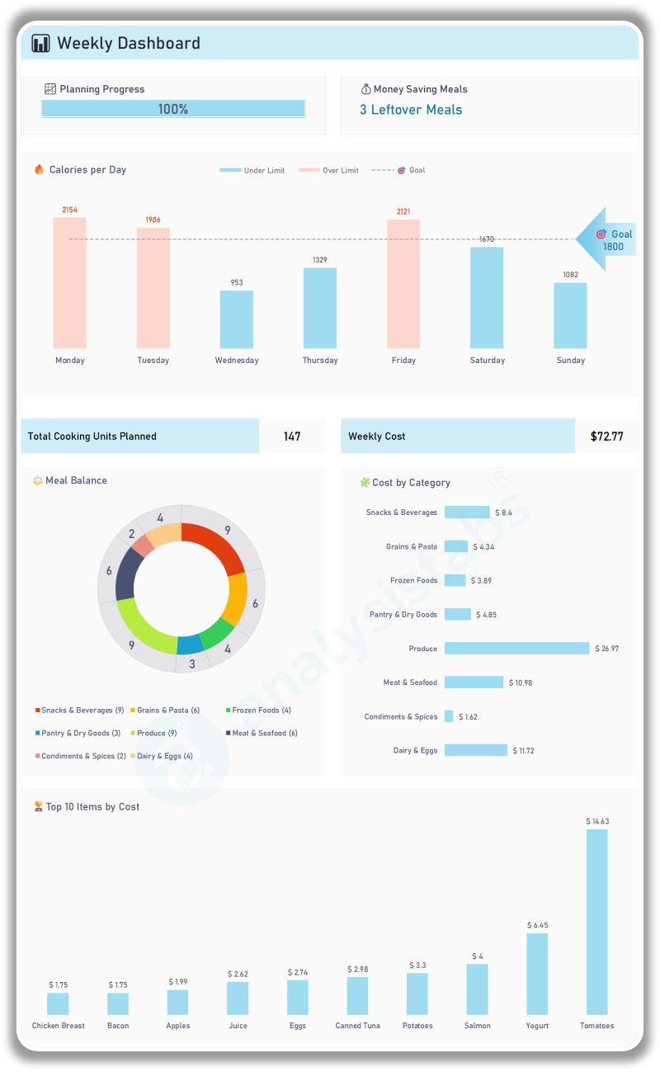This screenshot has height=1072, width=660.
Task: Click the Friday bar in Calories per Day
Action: (403, 284)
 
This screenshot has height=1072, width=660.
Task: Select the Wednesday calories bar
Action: (237, 319)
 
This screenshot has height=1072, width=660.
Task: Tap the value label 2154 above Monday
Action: (70, 210)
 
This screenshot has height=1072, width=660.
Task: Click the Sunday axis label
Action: (570, 361)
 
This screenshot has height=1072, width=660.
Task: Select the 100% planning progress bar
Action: (173, 109)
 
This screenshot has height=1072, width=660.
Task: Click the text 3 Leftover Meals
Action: (411, 110)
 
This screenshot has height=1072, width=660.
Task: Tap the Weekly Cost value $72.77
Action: (606, 437)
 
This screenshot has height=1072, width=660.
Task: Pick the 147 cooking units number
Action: (292, 437)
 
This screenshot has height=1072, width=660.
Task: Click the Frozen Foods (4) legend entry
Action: (258, 711)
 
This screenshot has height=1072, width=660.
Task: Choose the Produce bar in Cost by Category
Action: (516, 649)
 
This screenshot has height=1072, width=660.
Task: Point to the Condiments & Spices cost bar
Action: (449, 716)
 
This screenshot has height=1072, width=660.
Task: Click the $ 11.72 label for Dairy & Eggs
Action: (526, 751)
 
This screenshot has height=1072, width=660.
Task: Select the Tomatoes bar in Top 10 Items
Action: (596, 922)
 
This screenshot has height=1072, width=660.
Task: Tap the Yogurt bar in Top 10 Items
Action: (537, 974)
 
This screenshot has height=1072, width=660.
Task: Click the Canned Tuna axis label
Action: (357, 1026)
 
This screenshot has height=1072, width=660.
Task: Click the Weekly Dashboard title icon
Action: (40, 44)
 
